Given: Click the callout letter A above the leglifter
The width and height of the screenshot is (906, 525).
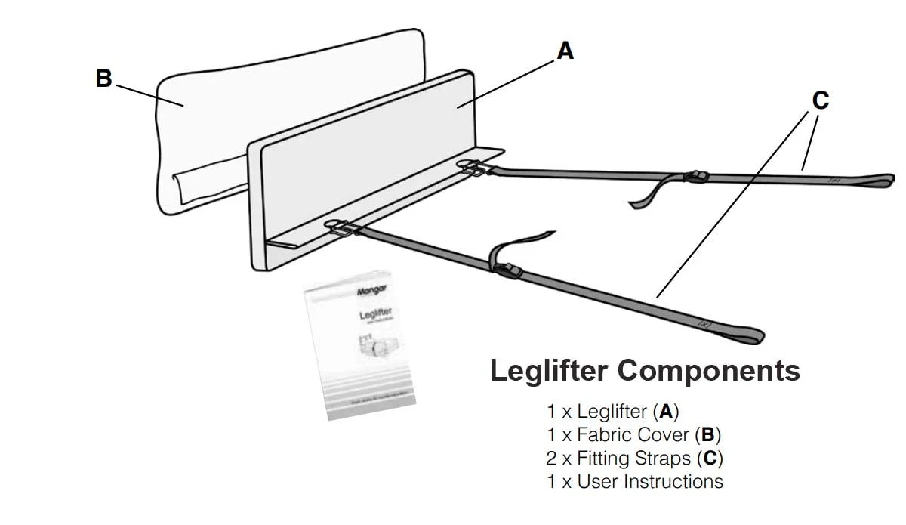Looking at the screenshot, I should point(565,51).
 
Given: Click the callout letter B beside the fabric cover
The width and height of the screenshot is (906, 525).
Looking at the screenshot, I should point(103,79).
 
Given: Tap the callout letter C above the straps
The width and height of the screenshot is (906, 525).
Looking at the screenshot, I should point(819,100).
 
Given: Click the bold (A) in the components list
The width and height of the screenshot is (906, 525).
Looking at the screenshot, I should point(666,412).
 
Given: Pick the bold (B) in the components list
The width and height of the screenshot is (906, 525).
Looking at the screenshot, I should point(707,435).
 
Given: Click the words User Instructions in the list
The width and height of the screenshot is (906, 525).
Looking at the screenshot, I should point(649,481).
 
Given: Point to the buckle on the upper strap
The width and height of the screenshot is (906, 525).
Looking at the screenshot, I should point(695,177).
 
